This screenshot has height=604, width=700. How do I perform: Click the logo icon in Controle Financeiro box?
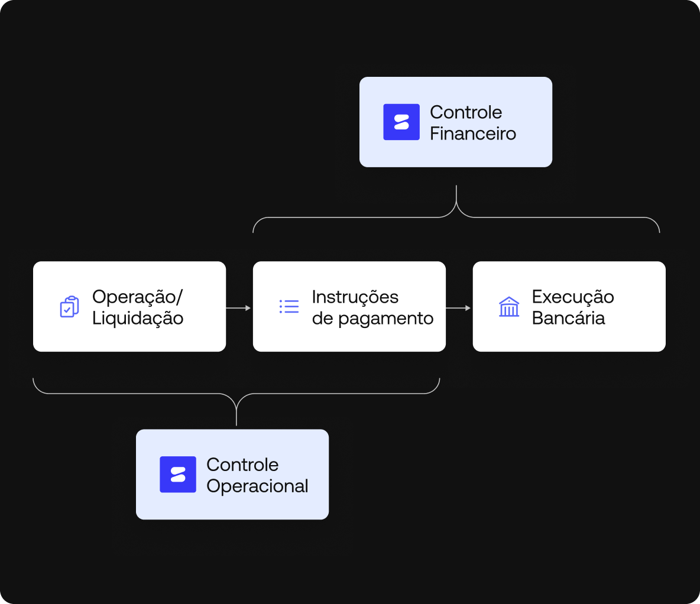click(x=401, y=122)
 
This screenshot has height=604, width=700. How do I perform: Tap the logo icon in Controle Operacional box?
click(x=178, y=474)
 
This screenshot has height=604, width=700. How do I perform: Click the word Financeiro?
click(x=473, y=134)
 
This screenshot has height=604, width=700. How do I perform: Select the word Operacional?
click(x=257, y=486)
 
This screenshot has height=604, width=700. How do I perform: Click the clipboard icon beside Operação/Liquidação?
click(x=69, y=307)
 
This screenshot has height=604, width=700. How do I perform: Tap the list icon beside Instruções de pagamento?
click(x=289, y=306)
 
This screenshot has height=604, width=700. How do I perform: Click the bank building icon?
click(x=509, y=307)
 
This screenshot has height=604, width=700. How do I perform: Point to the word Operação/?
click(x=138, y=297)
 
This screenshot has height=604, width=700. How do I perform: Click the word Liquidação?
click(x=138, y=319)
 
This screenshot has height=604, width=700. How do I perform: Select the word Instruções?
click(x=355, y=297)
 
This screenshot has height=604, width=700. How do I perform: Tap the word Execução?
click(x=573, y=297)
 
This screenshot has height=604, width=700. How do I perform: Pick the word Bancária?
click(x=568, y=318)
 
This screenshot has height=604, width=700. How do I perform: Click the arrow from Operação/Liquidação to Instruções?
click(x=238, y=307)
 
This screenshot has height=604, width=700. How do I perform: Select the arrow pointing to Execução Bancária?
click(x=458, y=307)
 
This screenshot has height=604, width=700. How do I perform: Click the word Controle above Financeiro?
click(x=466, y=112)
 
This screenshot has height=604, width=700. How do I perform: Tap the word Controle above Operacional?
click(x=242, y=465)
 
